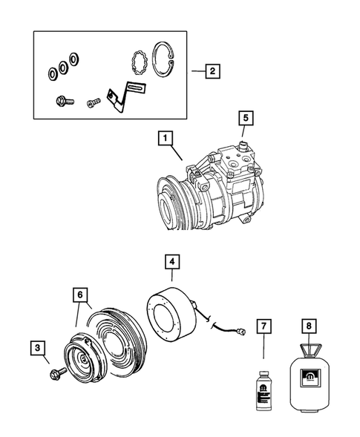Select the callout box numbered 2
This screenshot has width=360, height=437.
tap(212, 72)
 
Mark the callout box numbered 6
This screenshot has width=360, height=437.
tap(78, 295)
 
